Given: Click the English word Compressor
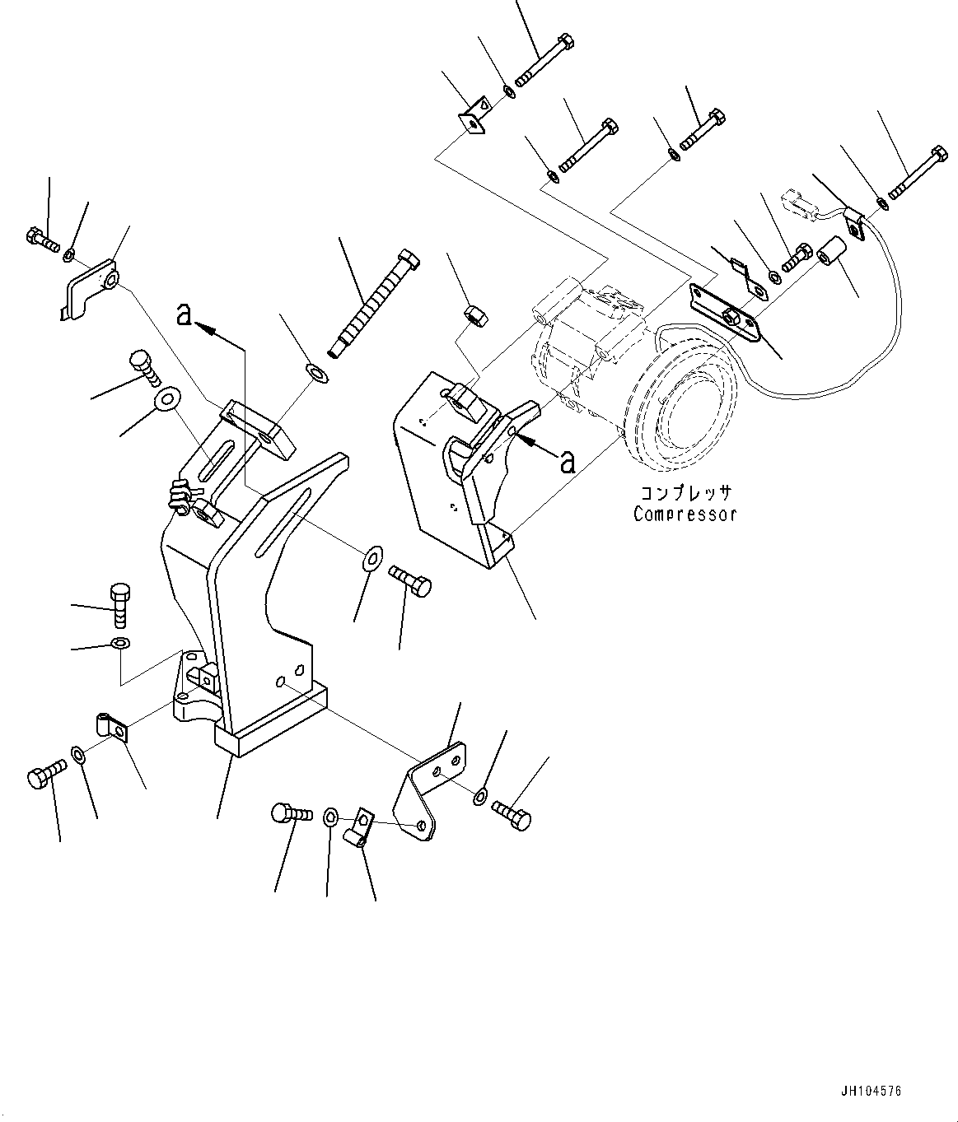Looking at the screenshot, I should pyautogui.click(x=684, y=514).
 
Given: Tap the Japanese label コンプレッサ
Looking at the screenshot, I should pyautogui.click(x=684, y=494).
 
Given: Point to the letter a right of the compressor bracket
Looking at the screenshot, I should pyautogui.click(x=567, y=462).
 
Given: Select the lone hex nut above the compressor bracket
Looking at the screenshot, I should pyautogui.click(x=473, y=314).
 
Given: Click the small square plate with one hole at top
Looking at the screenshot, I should pyautogui.click(x=474, y=118).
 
